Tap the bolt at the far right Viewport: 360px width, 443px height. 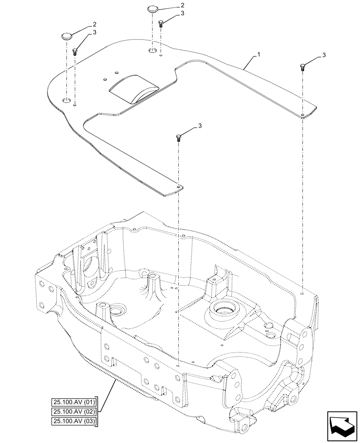pyautogui.click(x=303, y=67)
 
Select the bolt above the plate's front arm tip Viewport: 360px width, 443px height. pyautogui.click(x=179, y=137)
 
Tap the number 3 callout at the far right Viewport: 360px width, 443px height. pyautogui.click(x=324, y=55)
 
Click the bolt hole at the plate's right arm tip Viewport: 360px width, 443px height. pyautogui.click(x=302, y=115)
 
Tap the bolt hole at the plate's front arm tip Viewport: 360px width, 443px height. pyautogui.click(x=178, y=188)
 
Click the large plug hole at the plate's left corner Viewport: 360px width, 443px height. pyautogui.click(x=67, y=101)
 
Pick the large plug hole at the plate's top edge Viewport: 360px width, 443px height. pyautogui.click(x=152, y=51)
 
